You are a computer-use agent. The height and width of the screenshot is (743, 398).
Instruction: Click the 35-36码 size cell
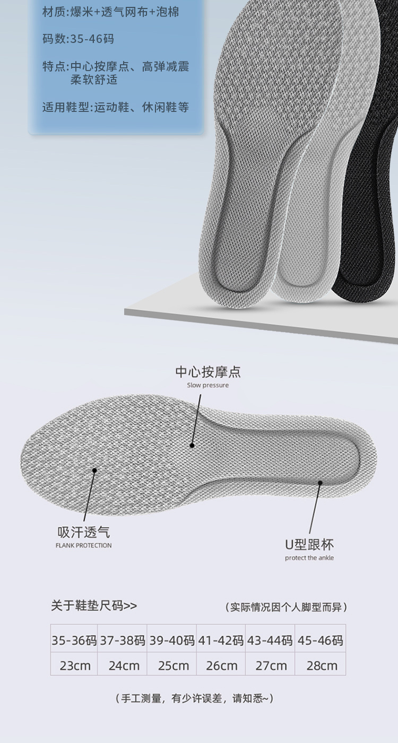click(x=74, y=641)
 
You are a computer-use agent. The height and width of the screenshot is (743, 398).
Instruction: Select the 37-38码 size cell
click(x=123, y=641)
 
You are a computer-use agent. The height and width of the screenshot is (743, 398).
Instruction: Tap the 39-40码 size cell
click(x=172, y=641)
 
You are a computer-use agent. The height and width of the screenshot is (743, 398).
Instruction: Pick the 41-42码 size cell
click(x=221, y=641)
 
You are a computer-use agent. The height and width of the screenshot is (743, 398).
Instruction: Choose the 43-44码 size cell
click(x=270, y=641)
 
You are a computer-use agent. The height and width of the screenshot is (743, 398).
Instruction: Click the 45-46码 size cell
click(x=321, y=641)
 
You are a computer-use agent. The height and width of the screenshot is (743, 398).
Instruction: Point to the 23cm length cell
click(x=75, y=666)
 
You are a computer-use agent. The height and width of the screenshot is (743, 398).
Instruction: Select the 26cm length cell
click(x=221, y=666)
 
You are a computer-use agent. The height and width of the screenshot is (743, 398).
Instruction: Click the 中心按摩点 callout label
click(x=208, y=372)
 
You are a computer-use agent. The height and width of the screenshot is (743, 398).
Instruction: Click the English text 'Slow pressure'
click(x=208, y=385)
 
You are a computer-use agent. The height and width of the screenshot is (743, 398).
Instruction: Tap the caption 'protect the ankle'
click(x=309, y=558)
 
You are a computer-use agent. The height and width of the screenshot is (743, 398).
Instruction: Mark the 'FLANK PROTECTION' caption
click(x=84, y=545)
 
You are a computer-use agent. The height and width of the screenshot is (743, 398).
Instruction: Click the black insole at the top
click(x=371, y=159)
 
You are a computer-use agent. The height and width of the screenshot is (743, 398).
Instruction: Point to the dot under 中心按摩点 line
click(x=192, y=445)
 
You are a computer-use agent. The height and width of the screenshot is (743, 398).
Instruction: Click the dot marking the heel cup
click(x=321, y=482)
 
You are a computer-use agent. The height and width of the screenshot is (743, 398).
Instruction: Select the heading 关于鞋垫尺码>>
click(x=94, y=606)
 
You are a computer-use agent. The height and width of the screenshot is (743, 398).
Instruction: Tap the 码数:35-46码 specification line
click(x=78, y=39)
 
